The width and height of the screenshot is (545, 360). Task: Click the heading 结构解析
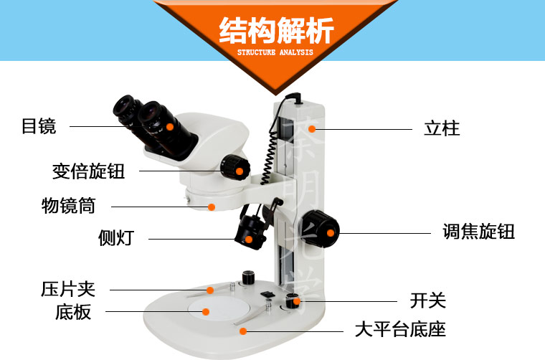pyautogui.click(x=276, y=31)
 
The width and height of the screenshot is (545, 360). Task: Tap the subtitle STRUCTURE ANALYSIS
pyautogui.click(x=275, y=52)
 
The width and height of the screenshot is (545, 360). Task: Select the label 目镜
pyautogui.click(x=39, y=126)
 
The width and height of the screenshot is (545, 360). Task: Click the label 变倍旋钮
pyautogui.click(x=88, y=171)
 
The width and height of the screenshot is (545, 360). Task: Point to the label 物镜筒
pyautogui.click(x=68, y=205)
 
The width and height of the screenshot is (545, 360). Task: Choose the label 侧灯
pyautogui.click(x=115, y=238)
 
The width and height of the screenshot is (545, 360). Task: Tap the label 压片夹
pyautogui.click(x=68, y=289)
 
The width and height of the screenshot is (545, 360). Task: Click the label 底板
pyautogui.click(x=73, y=312)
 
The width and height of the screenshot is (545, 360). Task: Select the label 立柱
pyautogui.click(x=442, y=128)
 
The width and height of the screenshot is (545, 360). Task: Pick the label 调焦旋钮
pyautogui.click(x=478, y=232)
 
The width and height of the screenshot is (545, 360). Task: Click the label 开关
pyautogui.click(x=428, y=300)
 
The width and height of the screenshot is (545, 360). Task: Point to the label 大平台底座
pyautogui.click(x=400, y=329)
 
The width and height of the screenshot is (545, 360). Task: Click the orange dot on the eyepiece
pyautogui.click(x=170, y=127)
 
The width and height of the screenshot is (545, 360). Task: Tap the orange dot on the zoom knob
pyautogui.click(x=239, y=171)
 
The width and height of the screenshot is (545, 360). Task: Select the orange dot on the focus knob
pyautogui.click(x=330, y=233)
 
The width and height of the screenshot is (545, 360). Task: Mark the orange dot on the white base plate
pyautogui.click(x=206, y=312)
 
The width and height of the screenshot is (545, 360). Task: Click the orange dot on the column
pyautogui.click(x=312, y=129)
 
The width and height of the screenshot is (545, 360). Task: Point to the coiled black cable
pyautogui.click(x=270, y=153)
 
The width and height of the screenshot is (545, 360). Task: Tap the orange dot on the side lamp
pyautogui.click(x=249, y=239)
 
